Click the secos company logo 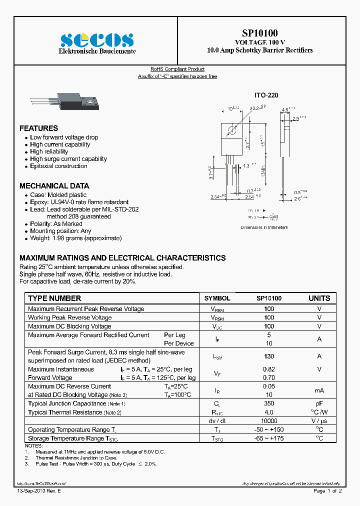(x=97, y=40)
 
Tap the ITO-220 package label (x=266, y=95)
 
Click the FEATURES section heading (x=38, y=128)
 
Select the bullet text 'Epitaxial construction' (x=58, y=166)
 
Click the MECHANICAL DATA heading (x=54, y=185)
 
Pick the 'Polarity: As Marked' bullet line (x=56, y=224)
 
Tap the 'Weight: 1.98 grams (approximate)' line (x=75, y=238)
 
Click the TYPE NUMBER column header (x=54, y=298)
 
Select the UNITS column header (x=319, y=298)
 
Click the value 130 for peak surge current (x=269, y=356)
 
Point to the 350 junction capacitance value (x=269, y=403)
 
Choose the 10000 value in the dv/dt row (x=269, y=421)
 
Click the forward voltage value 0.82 (x=269, y=369)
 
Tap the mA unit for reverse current (x=319, y=390)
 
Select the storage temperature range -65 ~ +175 (x=269, y=438)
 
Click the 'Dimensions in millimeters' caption (x=264, y=227)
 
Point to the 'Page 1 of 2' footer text (x=327, y=491)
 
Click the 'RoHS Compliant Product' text (x=177, y=69)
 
